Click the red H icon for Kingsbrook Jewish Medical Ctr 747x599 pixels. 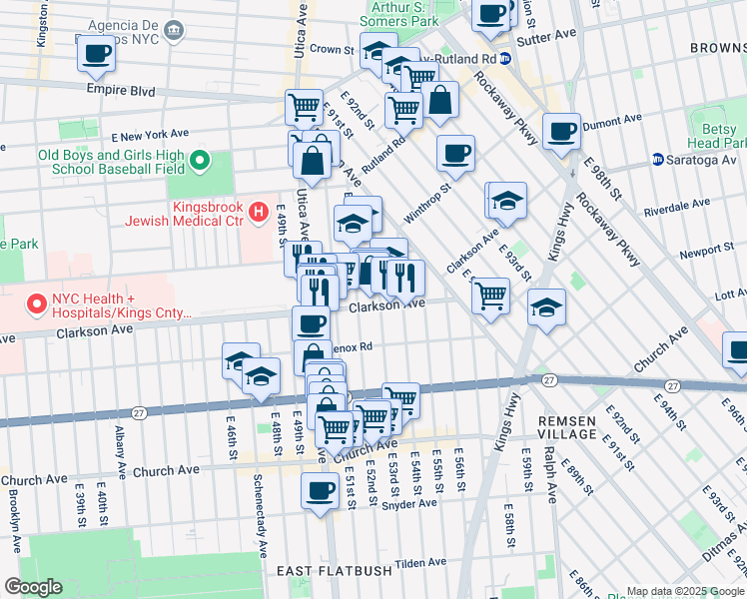(x=259, y=211)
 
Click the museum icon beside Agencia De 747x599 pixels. (x=175, y=30)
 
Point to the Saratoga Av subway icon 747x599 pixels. (x=658, y=160)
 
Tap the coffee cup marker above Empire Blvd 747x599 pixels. (x=96, y=53)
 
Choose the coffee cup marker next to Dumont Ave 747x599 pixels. (x=561, y=130)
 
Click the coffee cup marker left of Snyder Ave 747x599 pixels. (x=320, y=490)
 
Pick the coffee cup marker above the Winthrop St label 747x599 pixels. (x=455, y=153)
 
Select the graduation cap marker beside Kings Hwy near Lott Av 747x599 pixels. (x=546, y=306)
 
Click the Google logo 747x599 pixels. (x=33, y=587)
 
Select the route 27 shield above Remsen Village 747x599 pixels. (x=548, y=380)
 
